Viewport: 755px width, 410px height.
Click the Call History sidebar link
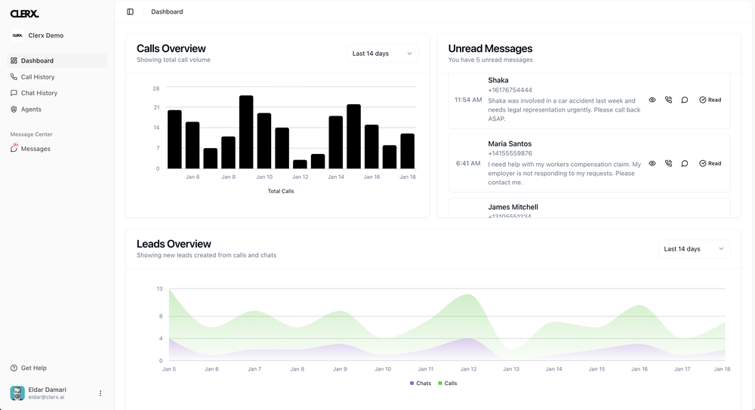point(38,77)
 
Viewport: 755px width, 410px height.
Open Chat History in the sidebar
point(39,93)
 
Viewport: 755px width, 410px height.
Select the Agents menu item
point(31,109)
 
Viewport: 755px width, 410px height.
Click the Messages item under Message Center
point(35,149)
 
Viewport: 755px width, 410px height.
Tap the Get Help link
point(33,368)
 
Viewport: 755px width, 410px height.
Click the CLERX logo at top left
point(25,14)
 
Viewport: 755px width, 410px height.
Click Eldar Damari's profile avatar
point(17,393)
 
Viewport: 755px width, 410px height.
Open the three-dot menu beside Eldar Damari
point(100,393)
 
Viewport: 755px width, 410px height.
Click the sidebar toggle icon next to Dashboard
point(131,12)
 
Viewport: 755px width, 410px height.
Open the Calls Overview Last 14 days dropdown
point(383,54)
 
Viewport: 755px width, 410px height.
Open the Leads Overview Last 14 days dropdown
point(694,248)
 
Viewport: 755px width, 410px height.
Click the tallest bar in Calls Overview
point(246,132)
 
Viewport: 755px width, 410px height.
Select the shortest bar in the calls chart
point(300,164)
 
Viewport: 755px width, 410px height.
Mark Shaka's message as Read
point(710,100)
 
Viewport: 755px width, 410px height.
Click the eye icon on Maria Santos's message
point(652,163)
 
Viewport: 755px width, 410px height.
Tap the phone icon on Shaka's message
point(668,100)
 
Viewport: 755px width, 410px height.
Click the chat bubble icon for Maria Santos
point(685,163)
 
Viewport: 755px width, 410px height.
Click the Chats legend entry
point(421,384)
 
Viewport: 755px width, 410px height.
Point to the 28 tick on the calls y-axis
point(156,88)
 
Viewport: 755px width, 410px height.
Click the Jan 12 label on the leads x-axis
point(468,369)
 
